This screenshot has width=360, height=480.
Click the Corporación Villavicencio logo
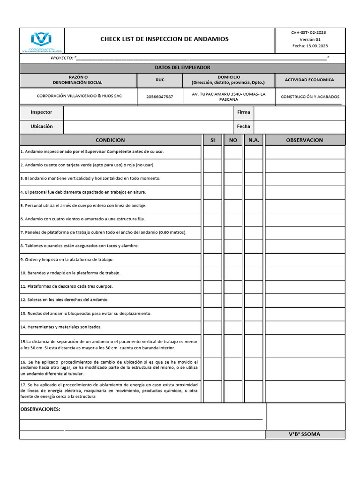pos(41,41)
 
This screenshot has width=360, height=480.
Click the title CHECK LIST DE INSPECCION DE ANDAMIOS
pos(165,39)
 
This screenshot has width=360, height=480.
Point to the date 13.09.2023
pos(316,46)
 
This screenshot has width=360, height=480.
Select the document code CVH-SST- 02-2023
pos(308,32)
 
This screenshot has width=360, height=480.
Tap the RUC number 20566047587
pos(159,97)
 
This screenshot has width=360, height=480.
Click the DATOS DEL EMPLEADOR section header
pos(182,68)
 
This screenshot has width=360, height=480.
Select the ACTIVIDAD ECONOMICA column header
pos(309,80)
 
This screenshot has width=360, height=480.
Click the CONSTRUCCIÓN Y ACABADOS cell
pos(310,97)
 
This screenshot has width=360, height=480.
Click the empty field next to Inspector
pos(148,112)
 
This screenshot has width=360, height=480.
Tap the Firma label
pos(243,112)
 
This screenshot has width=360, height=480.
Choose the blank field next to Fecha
pos(299,127)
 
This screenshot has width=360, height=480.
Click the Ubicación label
pos(41,127)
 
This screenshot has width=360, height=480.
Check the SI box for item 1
pos(212,152)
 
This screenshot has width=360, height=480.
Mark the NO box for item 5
pos(233,206)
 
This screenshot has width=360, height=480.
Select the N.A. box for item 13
pos(254,314)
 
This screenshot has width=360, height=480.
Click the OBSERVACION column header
pos(304,140)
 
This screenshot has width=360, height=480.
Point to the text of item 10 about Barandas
pos(70,273)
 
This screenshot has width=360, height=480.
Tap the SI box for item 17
pos(212,391)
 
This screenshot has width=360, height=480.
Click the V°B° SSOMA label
pos(305,434)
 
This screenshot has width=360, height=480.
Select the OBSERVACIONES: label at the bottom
pos(40,409)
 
